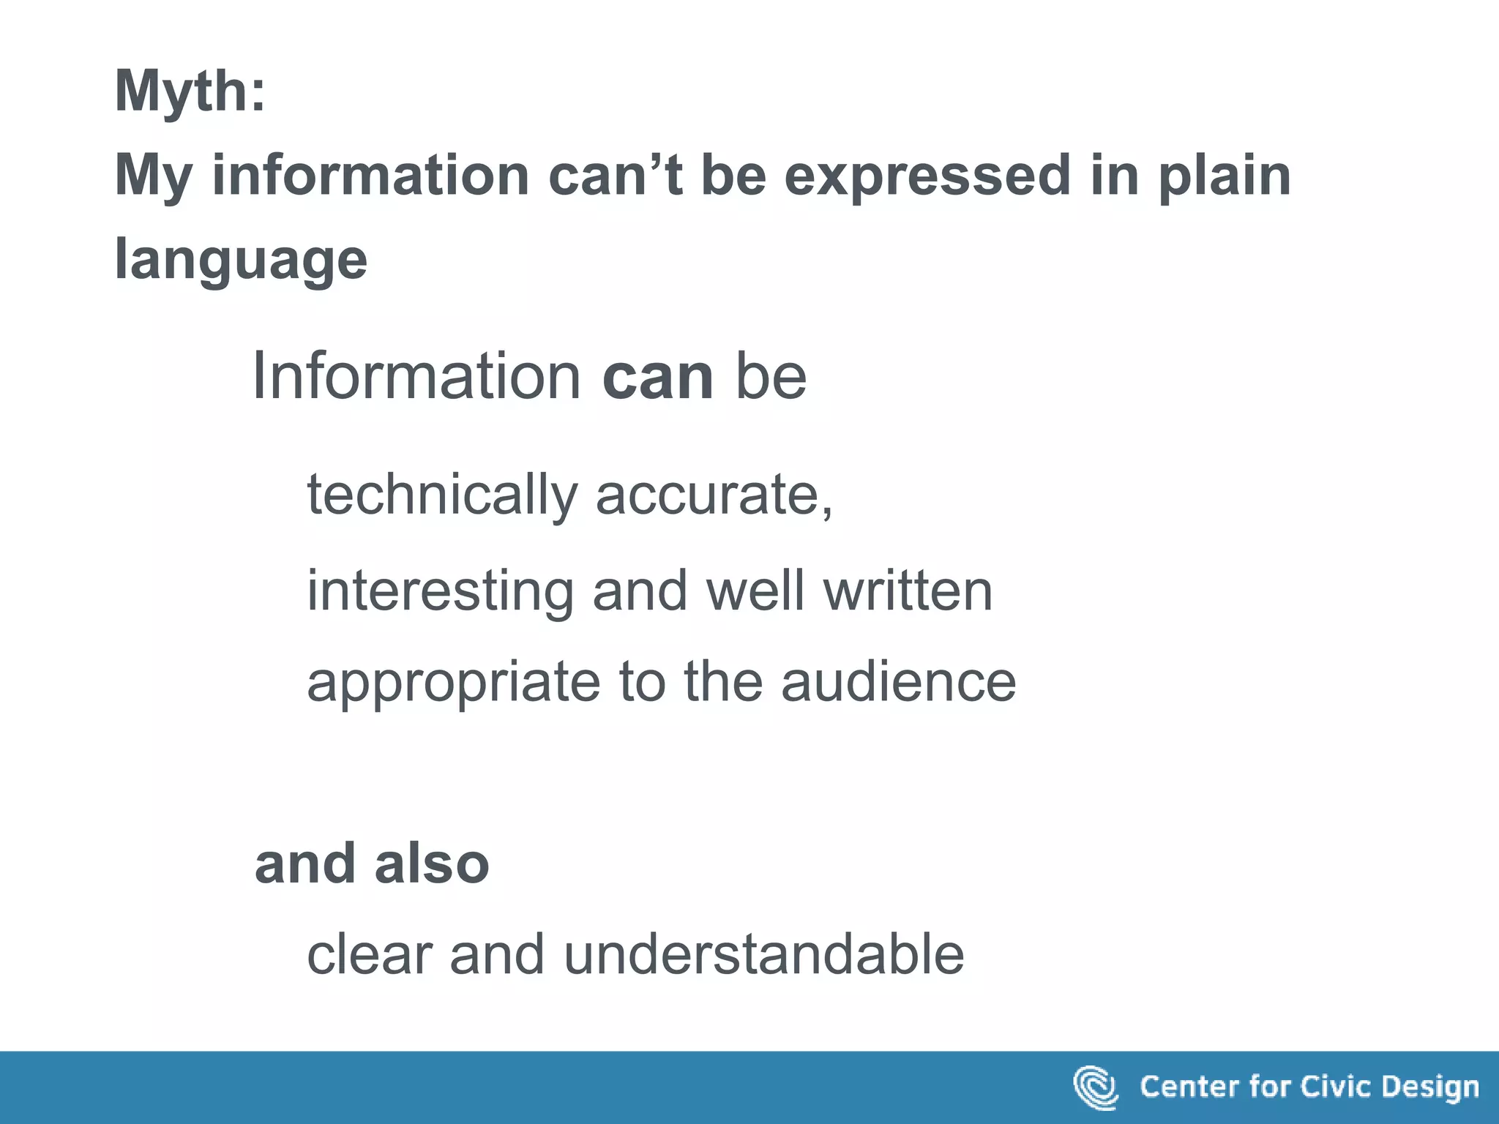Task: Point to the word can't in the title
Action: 615,176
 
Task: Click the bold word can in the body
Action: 657,377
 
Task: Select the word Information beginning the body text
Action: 416,376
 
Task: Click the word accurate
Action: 714,495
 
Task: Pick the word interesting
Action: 440,591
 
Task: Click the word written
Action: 908,591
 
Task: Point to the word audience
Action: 898,682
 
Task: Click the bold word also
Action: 432,864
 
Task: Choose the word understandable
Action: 764,955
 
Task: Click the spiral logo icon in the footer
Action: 1096,1087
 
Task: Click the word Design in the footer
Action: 1430,1087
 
